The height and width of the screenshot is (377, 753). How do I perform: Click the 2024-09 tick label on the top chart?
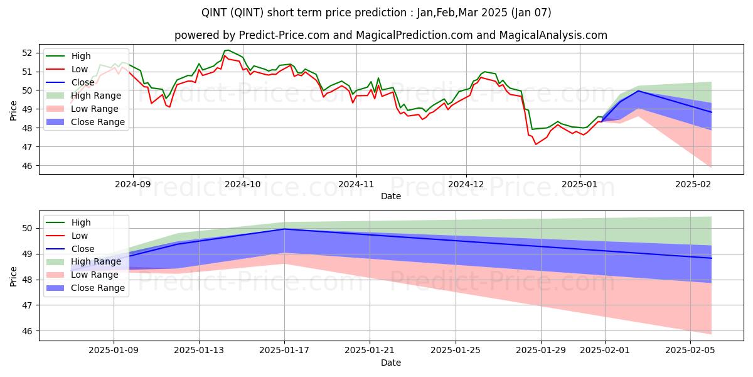coord(133,185)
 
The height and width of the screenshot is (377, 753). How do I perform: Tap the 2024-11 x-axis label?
coord(356,185)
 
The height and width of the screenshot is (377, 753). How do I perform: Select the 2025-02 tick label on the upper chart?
coord(693,185)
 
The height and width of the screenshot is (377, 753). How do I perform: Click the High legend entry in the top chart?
coord(80,56)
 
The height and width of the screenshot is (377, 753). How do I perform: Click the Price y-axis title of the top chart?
coord(14,110)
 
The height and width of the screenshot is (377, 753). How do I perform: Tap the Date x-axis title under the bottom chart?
coord(390,363)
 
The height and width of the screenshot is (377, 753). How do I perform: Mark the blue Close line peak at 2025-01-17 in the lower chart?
coord(284,229)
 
